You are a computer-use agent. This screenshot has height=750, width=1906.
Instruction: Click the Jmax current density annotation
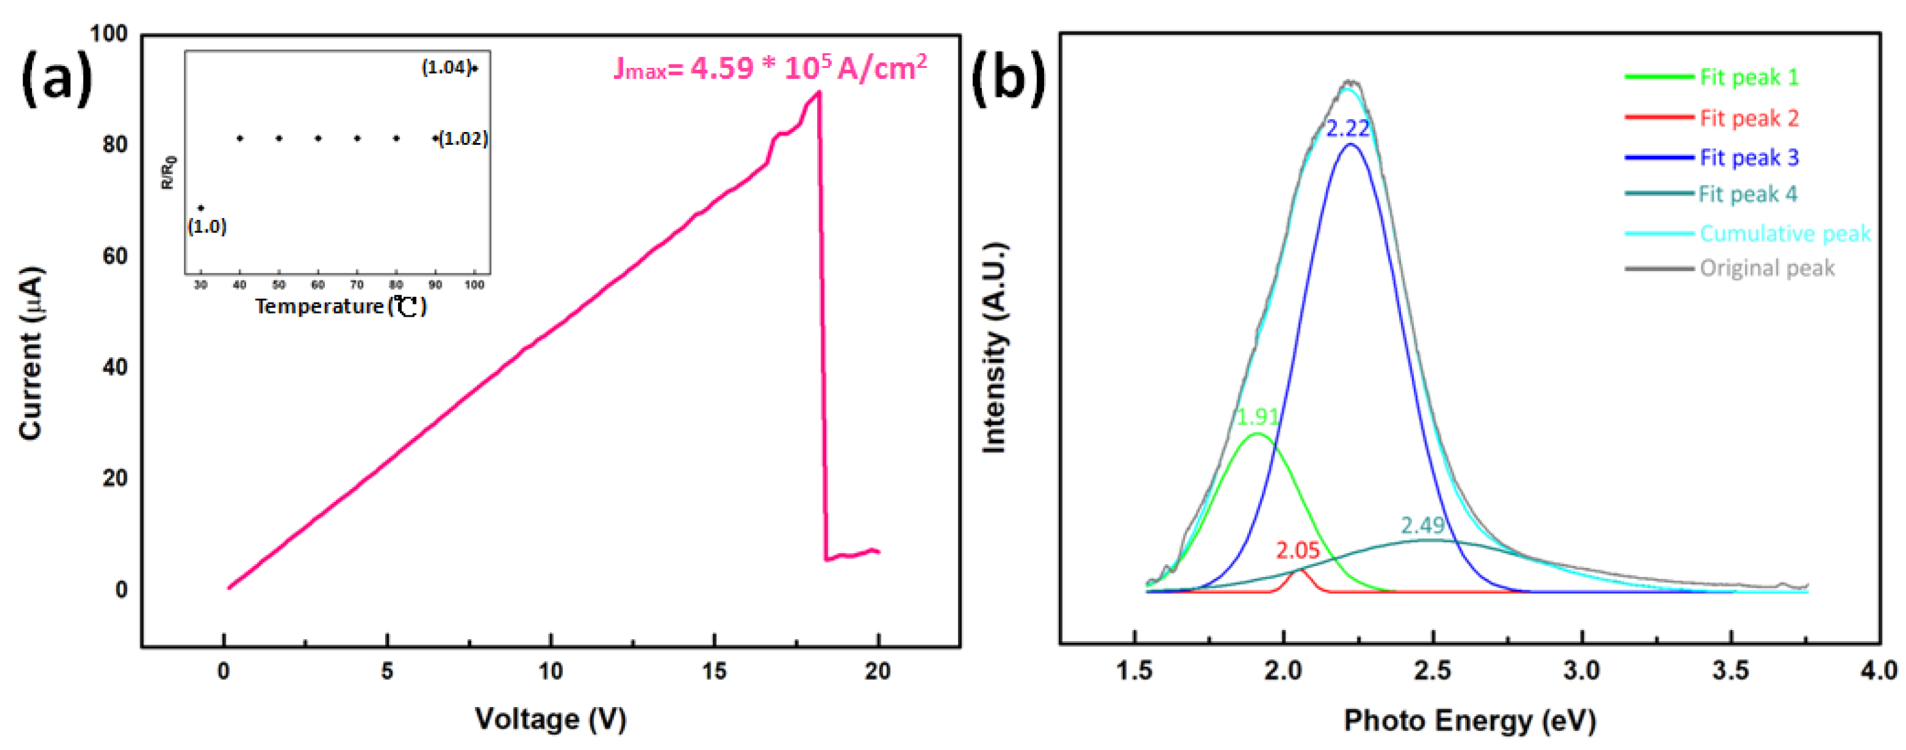pyautogui.click(x=770, y=68)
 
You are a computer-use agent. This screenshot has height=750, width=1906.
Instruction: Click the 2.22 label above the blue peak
pyautogui.click(x=1347, y=129)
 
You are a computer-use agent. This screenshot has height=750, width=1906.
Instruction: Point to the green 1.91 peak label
pyautogui.click(x=1258, y=417)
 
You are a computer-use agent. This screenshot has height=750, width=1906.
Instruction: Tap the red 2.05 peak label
pyautogui.click(x=1298, y=550)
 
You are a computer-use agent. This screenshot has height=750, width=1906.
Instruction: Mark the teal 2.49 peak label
pyautogui.click(x=1422, y=525)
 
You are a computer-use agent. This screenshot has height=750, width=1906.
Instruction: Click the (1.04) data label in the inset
pyautogui.click(x=446, y=67)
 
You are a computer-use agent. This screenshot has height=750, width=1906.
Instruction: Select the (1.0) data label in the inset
pyautogui.click(x=206, y=226)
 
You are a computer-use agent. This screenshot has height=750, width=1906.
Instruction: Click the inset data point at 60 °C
pyautogui.click(x=318, y=138)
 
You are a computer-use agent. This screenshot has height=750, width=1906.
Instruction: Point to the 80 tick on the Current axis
pyautogui.click(x=115, y=144)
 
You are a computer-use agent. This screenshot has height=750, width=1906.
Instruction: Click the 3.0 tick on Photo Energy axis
pyautogui.click(x=1582, y=671)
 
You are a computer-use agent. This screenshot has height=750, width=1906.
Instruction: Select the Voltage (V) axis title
pyautogui.click(x=551, y=719)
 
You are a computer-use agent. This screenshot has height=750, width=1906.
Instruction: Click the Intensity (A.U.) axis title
pyautogui.click(x=995, y=348)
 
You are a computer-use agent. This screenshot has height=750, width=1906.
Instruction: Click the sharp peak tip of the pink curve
pyautogui.click(x=818, y=92)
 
